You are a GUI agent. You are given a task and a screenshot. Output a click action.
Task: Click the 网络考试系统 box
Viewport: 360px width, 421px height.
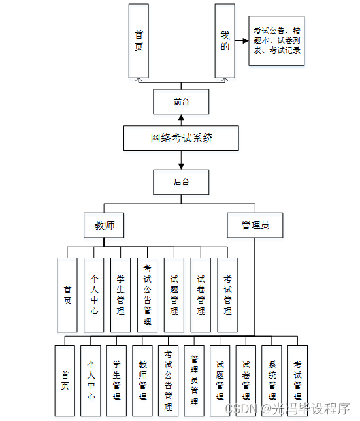coord(181,138)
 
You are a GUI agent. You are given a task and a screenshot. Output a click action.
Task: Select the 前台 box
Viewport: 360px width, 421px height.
coord(181,102)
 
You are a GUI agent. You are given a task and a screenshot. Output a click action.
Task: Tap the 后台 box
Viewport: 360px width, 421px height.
coord(181,182)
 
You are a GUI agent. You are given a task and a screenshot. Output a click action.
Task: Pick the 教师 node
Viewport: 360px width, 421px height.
coord(105,225)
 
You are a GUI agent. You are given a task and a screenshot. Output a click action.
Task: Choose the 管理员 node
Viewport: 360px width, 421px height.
coord(255,225)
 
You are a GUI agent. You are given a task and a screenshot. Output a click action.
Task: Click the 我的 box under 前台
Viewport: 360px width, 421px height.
coord(225,40)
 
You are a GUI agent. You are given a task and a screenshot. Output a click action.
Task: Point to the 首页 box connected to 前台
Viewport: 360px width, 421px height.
coord(139,40)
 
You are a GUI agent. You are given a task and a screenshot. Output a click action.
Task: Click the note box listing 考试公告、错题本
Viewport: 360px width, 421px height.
coord(276,40)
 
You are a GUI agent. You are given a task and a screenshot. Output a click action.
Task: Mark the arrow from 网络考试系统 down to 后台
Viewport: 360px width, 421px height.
coord(181,160)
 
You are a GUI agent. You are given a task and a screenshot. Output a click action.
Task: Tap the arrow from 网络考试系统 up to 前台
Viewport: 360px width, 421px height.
coord(181,120)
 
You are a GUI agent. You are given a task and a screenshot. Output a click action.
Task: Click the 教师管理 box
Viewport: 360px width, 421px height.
coord(142,381)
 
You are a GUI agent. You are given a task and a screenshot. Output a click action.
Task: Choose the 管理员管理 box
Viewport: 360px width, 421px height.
coord(194,381)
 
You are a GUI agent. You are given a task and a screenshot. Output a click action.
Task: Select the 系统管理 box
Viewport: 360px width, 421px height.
coord(272,381)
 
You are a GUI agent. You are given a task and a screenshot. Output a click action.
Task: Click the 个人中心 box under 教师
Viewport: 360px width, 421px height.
coord(93,295)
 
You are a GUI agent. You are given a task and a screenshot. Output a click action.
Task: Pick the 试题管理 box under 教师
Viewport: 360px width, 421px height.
coord(174,295)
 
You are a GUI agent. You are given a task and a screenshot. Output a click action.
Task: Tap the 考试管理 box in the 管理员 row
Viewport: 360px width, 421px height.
coord(297,381)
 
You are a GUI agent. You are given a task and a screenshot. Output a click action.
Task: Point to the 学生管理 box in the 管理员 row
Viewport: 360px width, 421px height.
coord(116,381)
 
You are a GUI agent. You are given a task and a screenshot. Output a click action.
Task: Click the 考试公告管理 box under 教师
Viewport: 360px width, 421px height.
coord(147,295)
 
